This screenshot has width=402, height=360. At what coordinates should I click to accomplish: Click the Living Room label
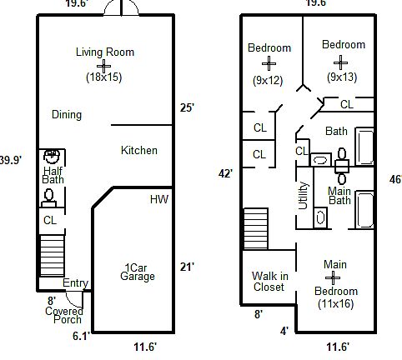tap(105, 52)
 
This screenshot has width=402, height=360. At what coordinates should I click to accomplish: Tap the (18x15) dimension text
tap(104, 77)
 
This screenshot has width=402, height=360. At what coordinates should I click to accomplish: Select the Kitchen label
tap(139, 151)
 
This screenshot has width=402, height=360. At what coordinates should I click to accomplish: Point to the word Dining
tap(66, 114)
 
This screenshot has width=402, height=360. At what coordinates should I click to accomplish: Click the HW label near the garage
tap(158, 199)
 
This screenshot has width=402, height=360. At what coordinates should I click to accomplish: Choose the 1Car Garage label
tap(137, 272)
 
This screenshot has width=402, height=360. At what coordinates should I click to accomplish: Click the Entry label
tap(75, 283)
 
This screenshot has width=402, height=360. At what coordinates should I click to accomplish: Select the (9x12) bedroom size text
tap(269, 81)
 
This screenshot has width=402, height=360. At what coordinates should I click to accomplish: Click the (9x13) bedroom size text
tap(343, 77)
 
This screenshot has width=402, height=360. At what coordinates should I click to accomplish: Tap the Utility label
tap(303, 197)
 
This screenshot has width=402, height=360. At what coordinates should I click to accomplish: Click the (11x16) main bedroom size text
tap(336, 304)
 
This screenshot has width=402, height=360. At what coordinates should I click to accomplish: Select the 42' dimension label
tap(225, 172)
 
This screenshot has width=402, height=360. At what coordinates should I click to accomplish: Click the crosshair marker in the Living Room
tap(104, 64)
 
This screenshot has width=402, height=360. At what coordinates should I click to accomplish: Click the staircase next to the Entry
tap(52, 256)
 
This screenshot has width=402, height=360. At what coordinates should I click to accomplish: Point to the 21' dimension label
tap(188, 267)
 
